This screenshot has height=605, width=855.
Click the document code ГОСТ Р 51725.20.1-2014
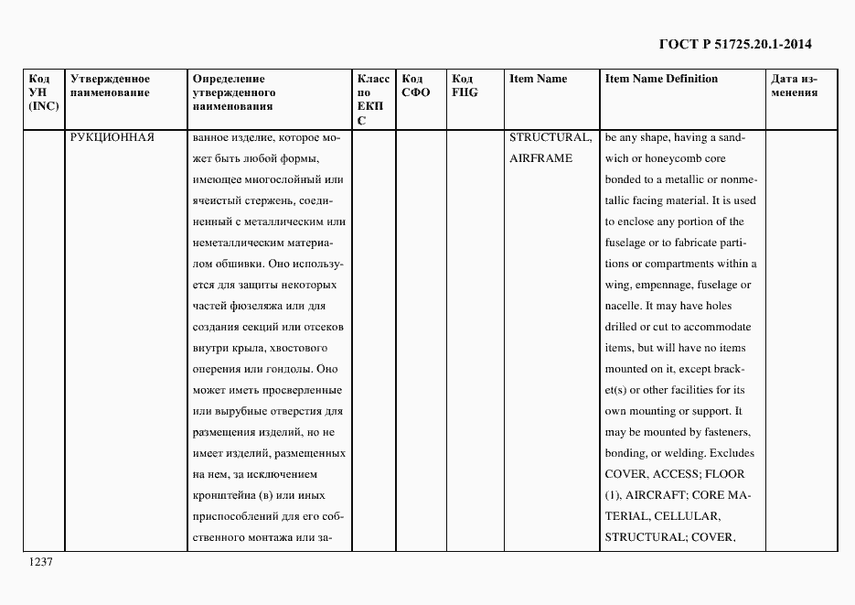pos(735,43)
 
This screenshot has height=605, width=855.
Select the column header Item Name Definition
pos(661,79)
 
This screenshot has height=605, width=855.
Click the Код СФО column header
pos(416,85)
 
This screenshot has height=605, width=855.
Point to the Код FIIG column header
pos(465,85)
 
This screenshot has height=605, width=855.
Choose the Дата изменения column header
pos(796,85)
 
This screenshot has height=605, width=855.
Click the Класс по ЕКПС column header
pos(372,99)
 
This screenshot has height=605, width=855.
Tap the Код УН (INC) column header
pos(43,92)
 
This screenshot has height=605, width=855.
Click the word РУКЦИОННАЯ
pos(112,137)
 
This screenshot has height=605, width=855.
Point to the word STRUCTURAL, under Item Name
pos(550,137)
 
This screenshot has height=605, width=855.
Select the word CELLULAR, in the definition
pos(687,516)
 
